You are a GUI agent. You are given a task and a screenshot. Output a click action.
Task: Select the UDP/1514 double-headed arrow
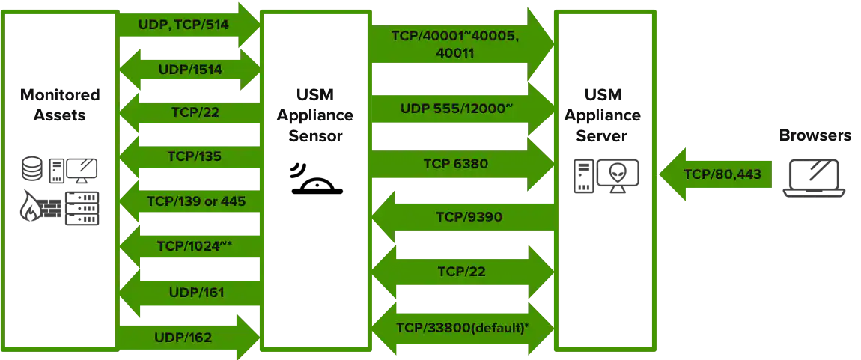point(190,69)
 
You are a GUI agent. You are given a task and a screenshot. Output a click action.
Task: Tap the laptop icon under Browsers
point(815,177)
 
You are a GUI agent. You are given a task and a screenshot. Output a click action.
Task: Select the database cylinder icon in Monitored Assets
point(31,170)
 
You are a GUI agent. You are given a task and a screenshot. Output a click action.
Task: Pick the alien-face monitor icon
point(617,175)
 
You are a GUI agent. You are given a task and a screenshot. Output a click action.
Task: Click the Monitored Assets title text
point(60,106)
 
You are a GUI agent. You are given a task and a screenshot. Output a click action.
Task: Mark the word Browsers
point(815,135)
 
